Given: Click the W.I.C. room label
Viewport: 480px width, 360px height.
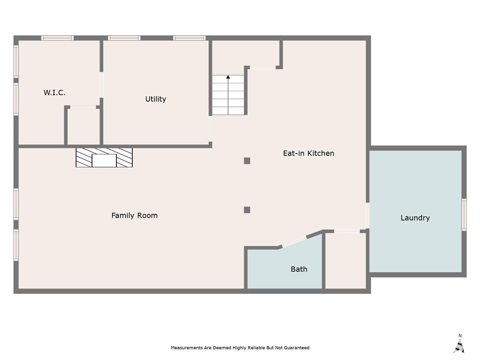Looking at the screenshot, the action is [54, 93].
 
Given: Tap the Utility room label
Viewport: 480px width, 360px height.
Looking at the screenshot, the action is [156, 99].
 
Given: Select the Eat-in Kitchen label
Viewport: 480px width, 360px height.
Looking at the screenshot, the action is [308, 153].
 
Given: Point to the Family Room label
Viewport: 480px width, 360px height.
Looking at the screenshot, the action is [134, 216].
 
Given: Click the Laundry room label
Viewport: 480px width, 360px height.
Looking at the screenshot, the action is [415, 218].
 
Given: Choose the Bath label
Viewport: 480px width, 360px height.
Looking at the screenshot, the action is [299, 269].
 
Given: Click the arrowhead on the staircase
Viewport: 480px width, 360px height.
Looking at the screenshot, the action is [228, 77].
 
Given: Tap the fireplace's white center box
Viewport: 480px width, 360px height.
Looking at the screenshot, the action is [104, 161].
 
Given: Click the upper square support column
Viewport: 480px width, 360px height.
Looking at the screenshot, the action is [247, 161].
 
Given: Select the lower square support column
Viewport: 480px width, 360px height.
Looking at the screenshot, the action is [247, 210].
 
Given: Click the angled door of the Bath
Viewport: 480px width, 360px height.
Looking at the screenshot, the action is [294, 242].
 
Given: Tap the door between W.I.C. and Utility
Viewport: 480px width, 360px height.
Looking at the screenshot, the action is [102, 85].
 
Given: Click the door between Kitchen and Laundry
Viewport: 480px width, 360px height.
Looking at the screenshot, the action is [368, 216].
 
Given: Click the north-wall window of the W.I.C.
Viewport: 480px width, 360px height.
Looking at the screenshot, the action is [58, 38].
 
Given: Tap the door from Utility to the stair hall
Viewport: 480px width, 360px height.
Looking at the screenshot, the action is [210, 129].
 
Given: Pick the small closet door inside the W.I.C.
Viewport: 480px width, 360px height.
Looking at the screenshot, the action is [83, 107].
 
